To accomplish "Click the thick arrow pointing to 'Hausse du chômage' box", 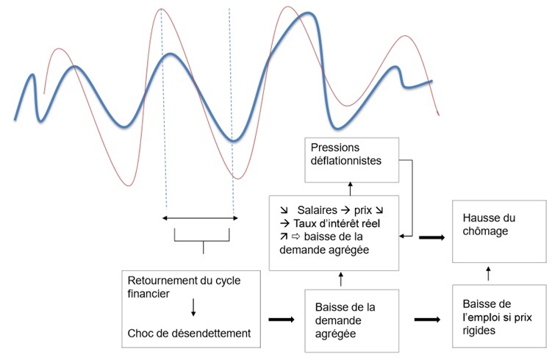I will (x=433, y=237).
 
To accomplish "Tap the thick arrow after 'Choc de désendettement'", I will (x=280, y=320).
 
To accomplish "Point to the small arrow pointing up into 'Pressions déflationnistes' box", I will (x=351, y=189).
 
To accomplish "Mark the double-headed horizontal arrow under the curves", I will (x=201, y=218).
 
